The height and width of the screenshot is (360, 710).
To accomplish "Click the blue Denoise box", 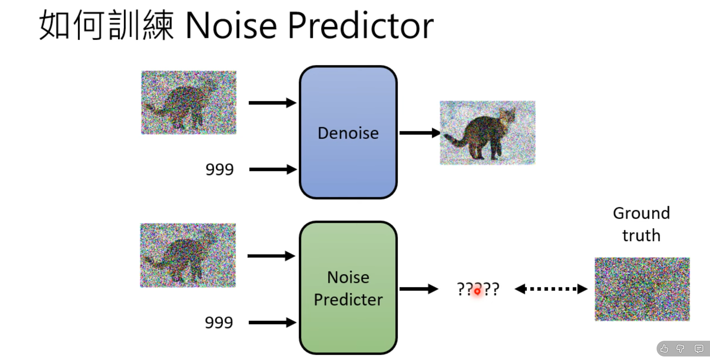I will click(348, 132).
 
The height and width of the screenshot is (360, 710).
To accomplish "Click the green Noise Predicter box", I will click(348, 288).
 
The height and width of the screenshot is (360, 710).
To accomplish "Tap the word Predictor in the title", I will click(360, 26).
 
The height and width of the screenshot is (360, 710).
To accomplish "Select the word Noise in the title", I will click(231, 26).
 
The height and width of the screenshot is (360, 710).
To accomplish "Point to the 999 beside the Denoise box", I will click(220, 170).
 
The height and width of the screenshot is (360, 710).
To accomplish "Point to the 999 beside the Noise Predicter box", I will click(219, 323).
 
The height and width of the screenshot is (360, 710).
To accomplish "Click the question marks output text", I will click(478, 289).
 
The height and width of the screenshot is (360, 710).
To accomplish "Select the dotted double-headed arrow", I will click(551, 289).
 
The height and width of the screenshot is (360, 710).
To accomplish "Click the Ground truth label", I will click(641, 224).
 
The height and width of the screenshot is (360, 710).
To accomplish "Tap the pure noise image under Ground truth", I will click(642, 289).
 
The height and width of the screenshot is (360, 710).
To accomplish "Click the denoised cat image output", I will click(487, 133).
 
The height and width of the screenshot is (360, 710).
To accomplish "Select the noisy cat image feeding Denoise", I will click(188, 102).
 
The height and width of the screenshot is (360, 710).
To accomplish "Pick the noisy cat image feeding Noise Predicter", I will click(188, 255).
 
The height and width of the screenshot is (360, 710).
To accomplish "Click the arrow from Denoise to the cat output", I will click(419, 133).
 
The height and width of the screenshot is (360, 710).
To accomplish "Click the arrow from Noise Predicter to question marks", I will click(418, 289).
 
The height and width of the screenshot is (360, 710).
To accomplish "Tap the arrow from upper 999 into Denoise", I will click(273, 170).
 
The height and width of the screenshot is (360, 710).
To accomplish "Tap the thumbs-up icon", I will click(664, 349).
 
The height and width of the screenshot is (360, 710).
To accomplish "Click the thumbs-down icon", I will click(681, 349).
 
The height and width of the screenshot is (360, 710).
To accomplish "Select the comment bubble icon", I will click(699, 349).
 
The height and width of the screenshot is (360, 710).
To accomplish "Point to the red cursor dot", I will click(477, 291).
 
